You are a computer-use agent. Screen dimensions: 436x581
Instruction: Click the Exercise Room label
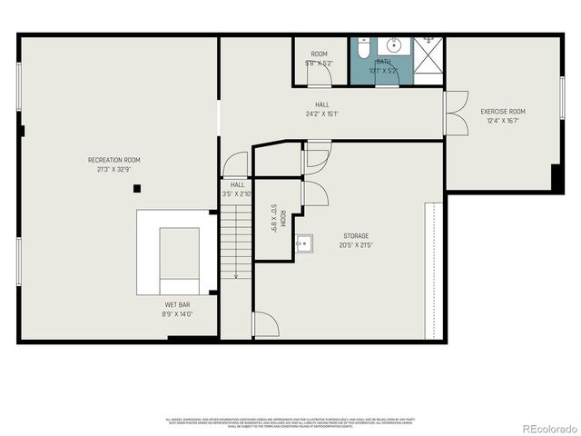pos(503,112)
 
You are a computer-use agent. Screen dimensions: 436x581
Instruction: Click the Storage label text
pos(355,236)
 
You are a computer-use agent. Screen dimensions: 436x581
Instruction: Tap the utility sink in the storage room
pos(305,243)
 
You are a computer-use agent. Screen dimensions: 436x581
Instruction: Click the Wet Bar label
pos(177,304)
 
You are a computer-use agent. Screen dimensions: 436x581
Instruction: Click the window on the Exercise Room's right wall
pos(562,96)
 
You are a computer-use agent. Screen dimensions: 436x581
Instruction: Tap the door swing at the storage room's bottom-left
pos(264,326)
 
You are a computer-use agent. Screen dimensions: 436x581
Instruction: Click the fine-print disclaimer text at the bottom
pos(290,421)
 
